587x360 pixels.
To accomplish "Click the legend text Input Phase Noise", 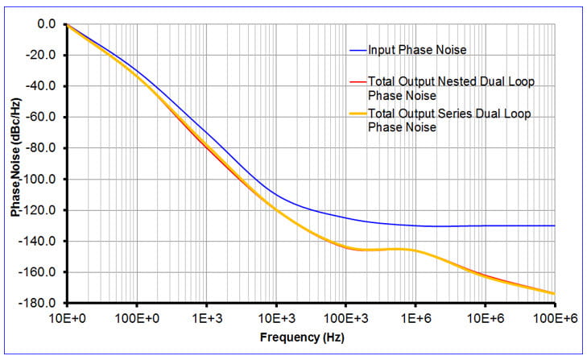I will click(417, 50).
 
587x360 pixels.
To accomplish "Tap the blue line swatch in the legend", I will click(357, 50).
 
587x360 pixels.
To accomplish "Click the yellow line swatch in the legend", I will click(357, 114).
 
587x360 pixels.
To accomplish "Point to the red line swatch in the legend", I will click(357, 81).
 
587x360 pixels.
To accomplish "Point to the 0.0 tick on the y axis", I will click(47, 24).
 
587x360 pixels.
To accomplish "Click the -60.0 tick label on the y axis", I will click(42, 118).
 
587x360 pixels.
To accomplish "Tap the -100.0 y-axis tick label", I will click(40, 179).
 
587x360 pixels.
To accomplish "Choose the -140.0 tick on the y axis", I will click(40, 241).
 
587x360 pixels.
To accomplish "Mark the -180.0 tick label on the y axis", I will click(40, 303).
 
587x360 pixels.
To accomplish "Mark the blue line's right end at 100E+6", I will click(554, 226).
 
